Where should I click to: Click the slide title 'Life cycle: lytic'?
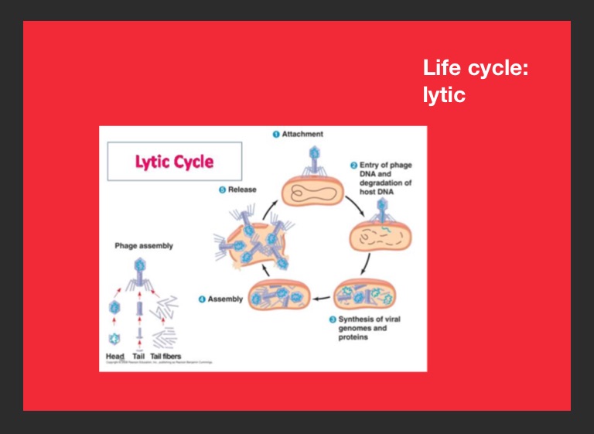click(x=475, y=81)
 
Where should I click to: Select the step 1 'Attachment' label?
click(x=302, y=134)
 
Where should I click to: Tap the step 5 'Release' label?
click(x=242, y=190)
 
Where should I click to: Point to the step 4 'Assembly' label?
click(x=225, y=299)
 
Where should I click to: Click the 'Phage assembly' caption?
click(x=144, y=246)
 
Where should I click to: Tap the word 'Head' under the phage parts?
click(x=114, y=356)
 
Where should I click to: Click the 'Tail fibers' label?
click(x=166, y=356)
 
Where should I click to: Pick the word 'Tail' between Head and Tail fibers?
click(x=138, y=356)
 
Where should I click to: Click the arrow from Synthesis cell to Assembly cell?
click(x=322, y=298)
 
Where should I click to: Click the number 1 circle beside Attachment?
click(x=275, y=134)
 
